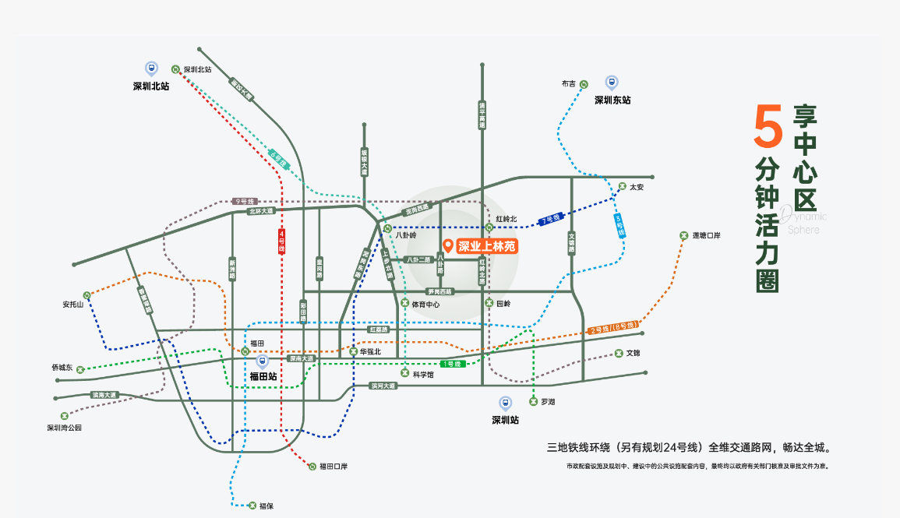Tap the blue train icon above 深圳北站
click(151, 69)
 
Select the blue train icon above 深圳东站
click(612, 82)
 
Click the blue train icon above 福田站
click(263, 361)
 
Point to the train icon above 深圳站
click(505, 403)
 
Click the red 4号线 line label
click(281, 242)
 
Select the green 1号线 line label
click(452, 364)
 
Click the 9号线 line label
click(245, 201)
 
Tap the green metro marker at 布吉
click(584, 84)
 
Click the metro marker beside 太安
click(622, 186)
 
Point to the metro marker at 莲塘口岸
click(683, 235)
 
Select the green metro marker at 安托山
click(88, 295)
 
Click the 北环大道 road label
click(262, 210)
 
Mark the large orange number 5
click(768, 127)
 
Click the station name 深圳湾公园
click(64, 428)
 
